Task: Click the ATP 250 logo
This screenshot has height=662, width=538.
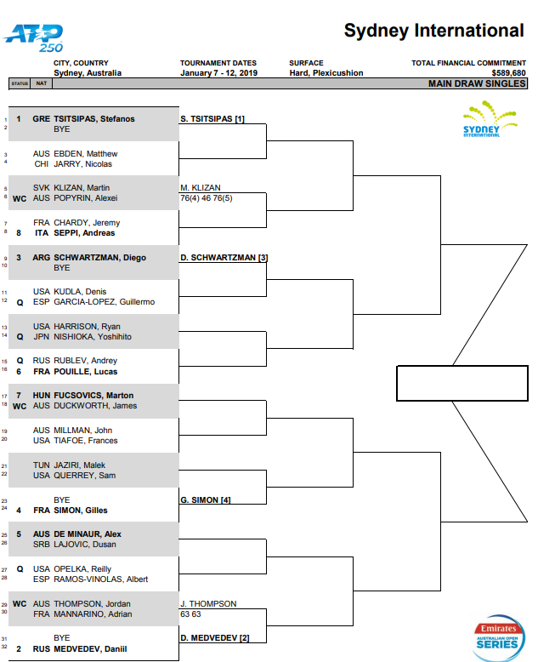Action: click(x=33, y=38)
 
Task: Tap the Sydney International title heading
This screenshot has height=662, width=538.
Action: click(x=433, y=31)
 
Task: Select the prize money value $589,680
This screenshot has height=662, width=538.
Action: click(x=508, y=73)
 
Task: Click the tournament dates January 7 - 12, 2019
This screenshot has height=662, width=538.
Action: click(x=218, y=73)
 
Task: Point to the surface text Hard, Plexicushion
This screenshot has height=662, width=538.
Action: click(x=326, y=73)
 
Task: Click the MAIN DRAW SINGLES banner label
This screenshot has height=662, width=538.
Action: click(x=477, y=83)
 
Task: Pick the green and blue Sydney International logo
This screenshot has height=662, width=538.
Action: click(x=489, y=119)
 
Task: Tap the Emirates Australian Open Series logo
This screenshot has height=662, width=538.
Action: click(x=498, y=637)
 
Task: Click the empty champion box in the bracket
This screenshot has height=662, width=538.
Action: click(x=462, y=384)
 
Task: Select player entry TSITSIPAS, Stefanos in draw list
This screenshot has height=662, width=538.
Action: click(x=94, y=119)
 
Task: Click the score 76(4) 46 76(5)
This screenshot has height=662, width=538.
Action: click(x=207, y=198)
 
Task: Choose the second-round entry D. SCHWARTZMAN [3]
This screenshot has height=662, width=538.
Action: click(x=224, y=258)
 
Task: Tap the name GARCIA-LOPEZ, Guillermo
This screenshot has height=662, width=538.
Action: click(x=105, y=302)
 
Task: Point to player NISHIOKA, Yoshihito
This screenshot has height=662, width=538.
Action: click(x=93, y=337)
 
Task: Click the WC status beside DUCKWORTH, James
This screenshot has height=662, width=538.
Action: click(x=20, y=406)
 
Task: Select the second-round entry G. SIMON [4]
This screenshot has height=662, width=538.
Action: click(x=206, y=499)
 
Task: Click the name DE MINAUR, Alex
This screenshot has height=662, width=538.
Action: click(x=88, y=534)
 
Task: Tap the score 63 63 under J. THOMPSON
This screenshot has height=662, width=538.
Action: click(x=190, y=613)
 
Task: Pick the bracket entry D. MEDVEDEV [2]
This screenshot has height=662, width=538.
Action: click(x=215, y=638)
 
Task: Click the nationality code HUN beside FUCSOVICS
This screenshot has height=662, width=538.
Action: click(x=42, y=396)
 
